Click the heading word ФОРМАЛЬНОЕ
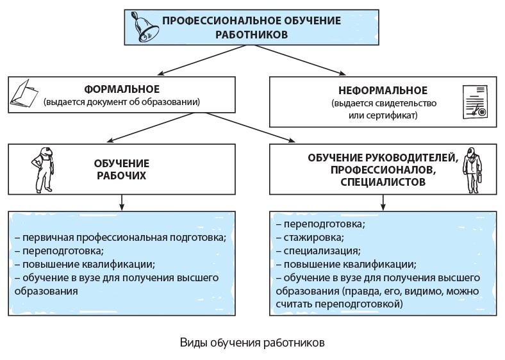pos(122,88)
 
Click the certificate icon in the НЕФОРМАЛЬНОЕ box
pos(475,102)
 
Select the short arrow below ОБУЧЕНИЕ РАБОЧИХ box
pos(121,202)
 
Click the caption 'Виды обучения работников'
pos(252,341)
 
